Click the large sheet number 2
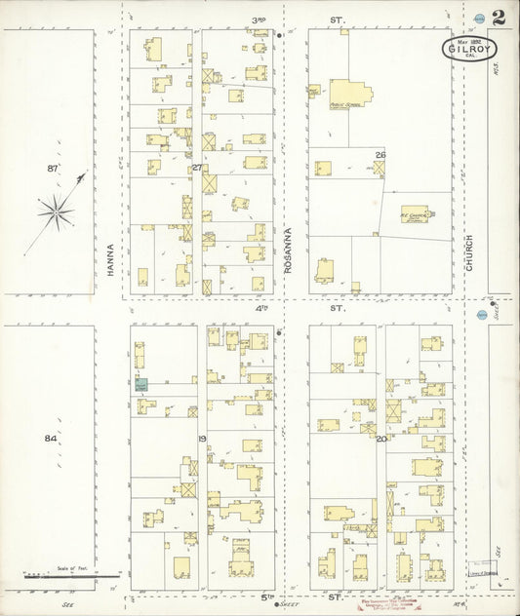[499, 18]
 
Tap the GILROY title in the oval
[470, 47]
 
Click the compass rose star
[58, 210]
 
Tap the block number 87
[53, 169]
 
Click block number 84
[51, 439]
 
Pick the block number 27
[196, 168]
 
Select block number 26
[380, 155]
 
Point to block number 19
[203, 439]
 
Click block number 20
[380, 439]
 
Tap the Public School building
[349, 94]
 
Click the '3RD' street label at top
[260, 19]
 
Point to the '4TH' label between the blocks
[261, 308]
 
